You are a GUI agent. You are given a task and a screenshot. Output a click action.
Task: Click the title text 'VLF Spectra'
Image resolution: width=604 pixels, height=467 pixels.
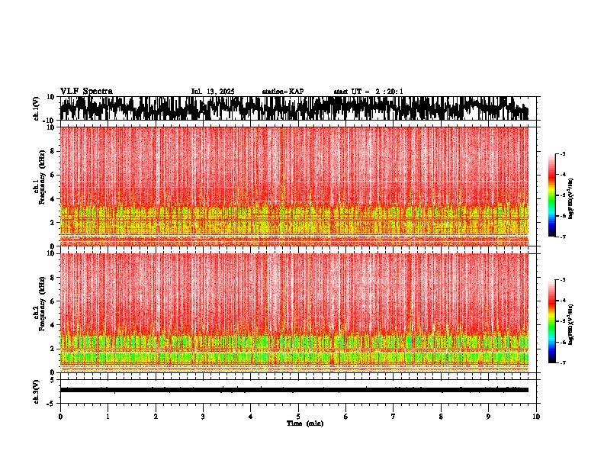[86, 92]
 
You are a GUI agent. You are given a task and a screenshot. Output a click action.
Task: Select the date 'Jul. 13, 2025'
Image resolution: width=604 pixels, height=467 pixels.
[213, 92]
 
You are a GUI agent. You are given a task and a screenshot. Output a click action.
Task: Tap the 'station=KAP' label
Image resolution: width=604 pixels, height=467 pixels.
[283, 92]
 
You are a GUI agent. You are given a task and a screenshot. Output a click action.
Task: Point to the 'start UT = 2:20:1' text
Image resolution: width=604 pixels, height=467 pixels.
[368, 92]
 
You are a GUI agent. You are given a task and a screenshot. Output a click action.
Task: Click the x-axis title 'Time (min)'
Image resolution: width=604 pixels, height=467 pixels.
[305, 424]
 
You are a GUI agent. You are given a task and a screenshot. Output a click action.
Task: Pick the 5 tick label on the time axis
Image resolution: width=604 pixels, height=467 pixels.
[298, 417]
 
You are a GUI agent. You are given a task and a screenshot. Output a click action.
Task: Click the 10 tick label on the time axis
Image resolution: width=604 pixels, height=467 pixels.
[536, 417]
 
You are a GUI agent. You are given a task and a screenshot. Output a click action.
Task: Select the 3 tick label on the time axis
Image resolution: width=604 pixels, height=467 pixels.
[203, 417]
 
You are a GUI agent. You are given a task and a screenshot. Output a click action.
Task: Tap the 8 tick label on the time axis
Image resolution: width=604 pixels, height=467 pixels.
[441, 417]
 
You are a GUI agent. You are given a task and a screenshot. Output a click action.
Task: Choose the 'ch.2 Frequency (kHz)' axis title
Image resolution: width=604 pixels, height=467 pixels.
[38, 311]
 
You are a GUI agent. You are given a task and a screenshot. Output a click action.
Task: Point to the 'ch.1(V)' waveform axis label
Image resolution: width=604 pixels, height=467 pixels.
[37, 108]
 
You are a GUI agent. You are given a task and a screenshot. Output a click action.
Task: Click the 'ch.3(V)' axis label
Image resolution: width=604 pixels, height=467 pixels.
[37, 391]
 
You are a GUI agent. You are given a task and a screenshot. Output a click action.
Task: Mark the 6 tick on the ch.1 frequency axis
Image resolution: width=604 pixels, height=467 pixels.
[53, 175]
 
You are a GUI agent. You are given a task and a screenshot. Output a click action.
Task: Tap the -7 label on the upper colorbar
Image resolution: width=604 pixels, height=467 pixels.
[562, 237]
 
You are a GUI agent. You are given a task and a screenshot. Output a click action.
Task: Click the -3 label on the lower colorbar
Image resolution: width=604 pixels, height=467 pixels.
[562, 281]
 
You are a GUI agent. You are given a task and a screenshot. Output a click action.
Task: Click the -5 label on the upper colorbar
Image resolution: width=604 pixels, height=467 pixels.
[562, 195]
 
